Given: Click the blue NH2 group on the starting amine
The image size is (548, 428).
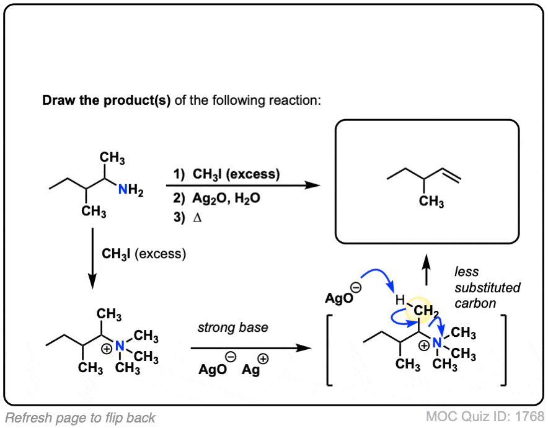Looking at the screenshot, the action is (131, 190).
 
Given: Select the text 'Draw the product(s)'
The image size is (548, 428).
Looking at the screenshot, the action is (106, 100).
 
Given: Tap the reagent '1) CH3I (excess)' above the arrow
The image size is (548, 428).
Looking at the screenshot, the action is (227, 174).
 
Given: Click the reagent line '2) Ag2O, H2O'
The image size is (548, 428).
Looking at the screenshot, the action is (217, 198).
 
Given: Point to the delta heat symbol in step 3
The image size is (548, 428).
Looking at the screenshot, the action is (197, 218).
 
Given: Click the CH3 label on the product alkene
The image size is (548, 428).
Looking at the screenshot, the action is (431, 202).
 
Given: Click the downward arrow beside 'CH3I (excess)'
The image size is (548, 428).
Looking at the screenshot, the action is (92, 259).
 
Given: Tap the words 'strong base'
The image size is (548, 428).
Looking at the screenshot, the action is (232, 328).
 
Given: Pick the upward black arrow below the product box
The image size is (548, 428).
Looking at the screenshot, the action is (426, 270).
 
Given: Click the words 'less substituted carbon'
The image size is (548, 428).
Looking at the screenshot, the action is (487, 287).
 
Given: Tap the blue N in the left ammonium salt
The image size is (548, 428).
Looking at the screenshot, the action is (120, 346).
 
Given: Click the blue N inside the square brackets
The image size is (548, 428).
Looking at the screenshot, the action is (437, 343).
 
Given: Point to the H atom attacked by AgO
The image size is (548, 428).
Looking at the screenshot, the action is (400, 300).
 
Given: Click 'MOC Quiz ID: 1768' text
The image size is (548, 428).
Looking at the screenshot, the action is (485, 416).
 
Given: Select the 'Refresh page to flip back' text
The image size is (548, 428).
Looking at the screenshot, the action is (81, 418).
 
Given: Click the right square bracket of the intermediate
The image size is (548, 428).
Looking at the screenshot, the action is (503, 350).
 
